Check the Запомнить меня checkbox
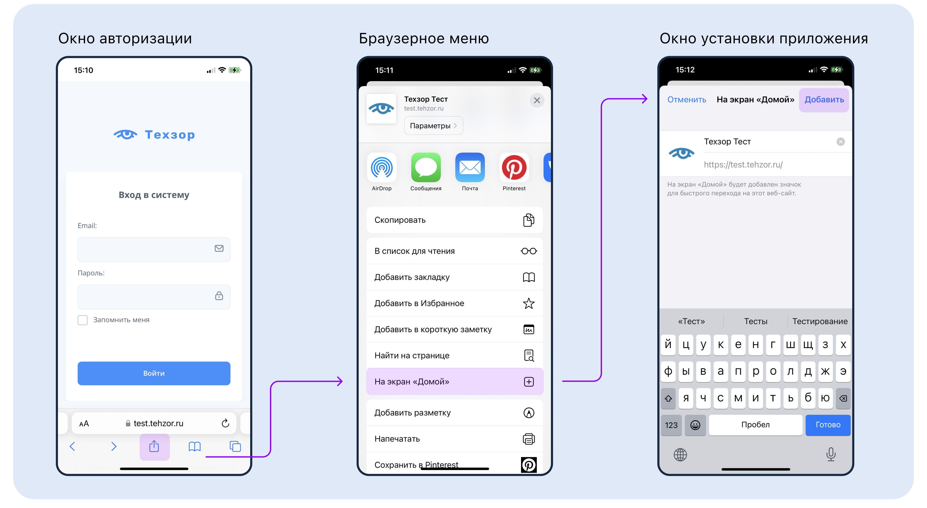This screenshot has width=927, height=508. coord(82,320)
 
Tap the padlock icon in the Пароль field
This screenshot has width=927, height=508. coord(219,296)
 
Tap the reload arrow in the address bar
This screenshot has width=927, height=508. coord(225,423)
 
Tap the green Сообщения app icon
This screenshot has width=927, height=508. coord(426,167)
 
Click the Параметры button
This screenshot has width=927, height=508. coord(433,126)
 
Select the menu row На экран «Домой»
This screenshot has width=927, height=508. coord(455,381)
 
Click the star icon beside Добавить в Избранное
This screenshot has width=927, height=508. coord(529,303)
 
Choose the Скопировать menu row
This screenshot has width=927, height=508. coord(455,220)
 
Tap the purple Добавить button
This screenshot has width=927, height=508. coord(824,100)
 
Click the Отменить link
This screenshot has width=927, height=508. coord(687,100)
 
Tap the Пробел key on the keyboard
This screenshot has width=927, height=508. coord(755,425)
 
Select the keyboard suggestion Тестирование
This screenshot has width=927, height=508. coord(820,321)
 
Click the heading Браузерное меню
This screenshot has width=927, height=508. coord(424,38)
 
